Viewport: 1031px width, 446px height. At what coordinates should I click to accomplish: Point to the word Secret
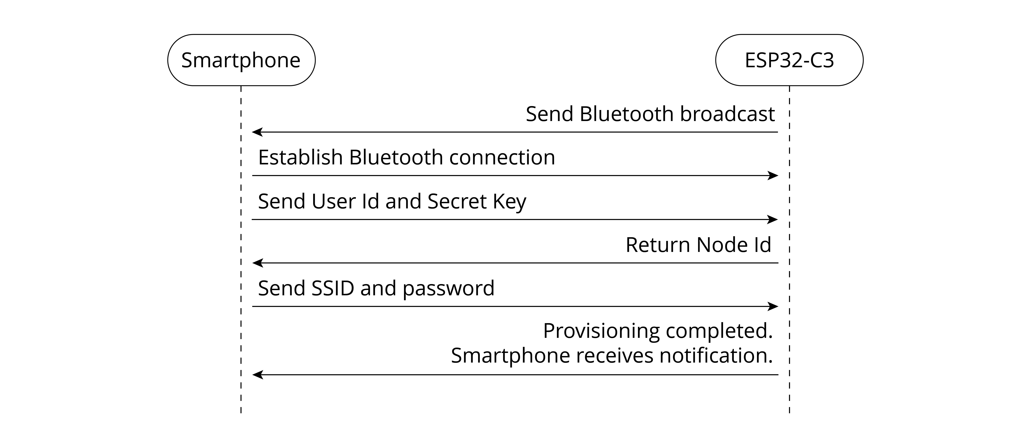pyautogui.click(x=457, y=201)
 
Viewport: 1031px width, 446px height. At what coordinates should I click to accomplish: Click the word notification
pyautogui.click(x=716, y=355)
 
